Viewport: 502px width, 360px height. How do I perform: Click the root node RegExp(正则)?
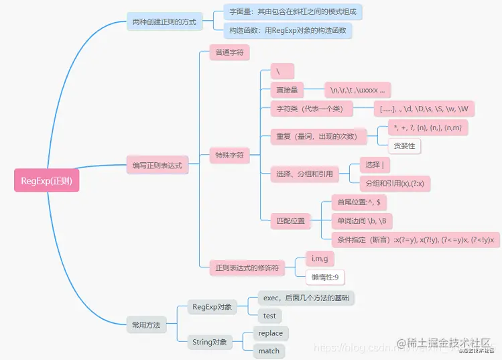[x=46, y=180]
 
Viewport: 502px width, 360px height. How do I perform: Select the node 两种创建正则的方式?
[x=165, y=22]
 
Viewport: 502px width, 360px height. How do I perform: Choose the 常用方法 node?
[x=145, y=325]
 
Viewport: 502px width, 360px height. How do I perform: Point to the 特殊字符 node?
[x=229, y=156]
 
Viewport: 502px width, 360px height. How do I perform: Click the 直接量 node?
[x=286, y=89]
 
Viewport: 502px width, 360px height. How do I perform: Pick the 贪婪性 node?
[x=404, y=145]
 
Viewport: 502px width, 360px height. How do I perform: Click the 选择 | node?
[x=373, y=165]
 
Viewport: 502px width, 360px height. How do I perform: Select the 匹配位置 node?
[x=290, y=220]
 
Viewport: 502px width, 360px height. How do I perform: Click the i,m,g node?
[x=320, y=258]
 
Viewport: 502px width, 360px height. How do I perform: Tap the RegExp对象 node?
[x=212, y=307]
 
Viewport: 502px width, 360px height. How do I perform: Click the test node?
[x=269, y=315]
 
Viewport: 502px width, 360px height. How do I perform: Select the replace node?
[x=270, y=333]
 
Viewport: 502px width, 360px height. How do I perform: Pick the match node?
[x=269, y=351]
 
